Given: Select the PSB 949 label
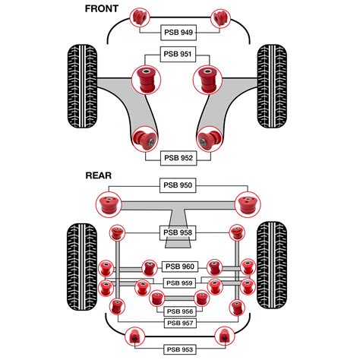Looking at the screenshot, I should [x=179, y=33].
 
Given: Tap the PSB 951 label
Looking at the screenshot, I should [x=179, y=55].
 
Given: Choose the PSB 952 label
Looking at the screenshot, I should [x=179, y=158].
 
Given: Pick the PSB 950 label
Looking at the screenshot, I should [x=179, y=185].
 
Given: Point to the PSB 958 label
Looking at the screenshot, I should [x=179, y=233].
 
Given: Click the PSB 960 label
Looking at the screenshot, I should [x=179, y=267].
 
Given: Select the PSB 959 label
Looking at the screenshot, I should [x=179, y=283].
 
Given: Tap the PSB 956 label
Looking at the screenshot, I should [x=179, y=311].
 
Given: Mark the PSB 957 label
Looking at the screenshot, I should [x=179, y=323].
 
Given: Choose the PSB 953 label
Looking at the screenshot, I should [x=179, y=349].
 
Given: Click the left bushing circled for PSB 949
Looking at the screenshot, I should [x=139, y=16].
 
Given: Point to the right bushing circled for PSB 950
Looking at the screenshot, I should [x=248, y=204].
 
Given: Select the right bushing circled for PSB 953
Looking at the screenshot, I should [x=223, y=335].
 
